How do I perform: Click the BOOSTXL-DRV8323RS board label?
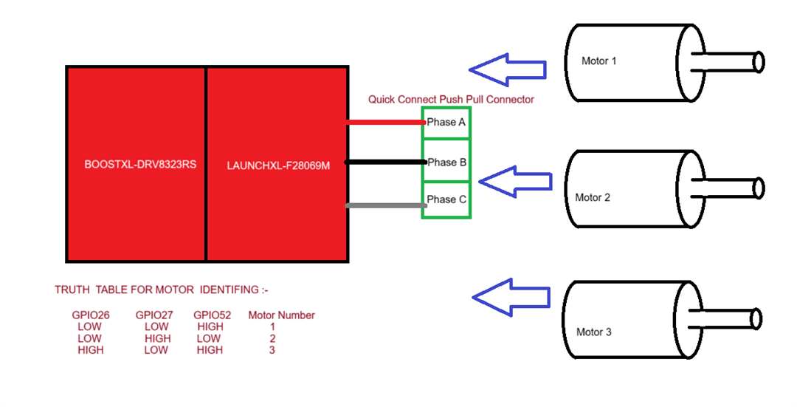tap(140, 165)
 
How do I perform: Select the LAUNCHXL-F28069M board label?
tap(278, 165)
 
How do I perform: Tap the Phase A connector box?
tap(446, 123)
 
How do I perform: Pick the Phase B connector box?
tap(446, 163)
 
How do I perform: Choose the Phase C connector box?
tap(446, 199)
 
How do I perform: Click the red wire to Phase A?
tap(384, 122)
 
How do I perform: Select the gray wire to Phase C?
tap(384, 205)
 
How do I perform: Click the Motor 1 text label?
tap(598, 61)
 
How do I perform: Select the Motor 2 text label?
tap(593, 197)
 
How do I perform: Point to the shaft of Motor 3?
tap(731, 319)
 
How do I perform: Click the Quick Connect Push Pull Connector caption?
tap(451, 99)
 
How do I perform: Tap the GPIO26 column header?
tap(90, 315)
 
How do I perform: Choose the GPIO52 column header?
tap(212, 315)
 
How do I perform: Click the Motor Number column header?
tap(281, 315)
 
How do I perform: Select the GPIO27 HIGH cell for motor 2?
tap(156, 338)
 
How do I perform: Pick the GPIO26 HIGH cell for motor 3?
tap(90, 350)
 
